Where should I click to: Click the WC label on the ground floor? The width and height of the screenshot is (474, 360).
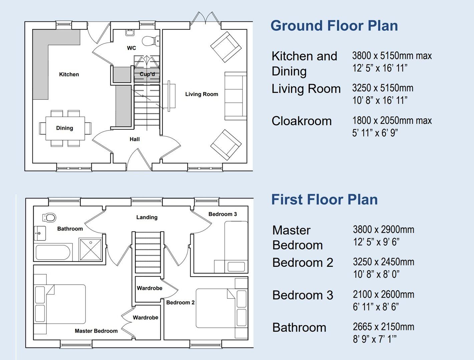[x=132, y=48]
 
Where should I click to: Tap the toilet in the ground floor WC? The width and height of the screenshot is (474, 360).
[x=150, y=41]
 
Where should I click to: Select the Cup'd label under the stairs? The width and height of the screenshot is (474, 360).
[x=147, y=74]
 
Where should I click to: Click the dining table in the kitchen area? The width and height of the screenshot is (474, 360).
[x=65, y=128]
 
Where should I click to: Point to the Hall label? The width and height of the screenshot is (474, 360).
[x=135, y=139]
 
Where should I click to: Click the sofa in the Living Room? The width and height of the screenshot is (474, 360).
[x=236, y=96]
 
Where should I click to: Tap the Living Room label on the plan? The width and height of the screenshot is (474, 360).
[x=202, y=94]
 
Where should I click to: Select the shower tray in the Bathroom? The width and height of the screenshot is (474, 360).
[x=90, y=249]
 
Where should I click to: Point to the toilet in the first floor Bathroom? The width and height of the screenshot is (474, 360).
[x=49, y=218]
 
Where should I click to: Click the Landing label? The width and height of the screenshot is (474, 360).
[x=147, y=217]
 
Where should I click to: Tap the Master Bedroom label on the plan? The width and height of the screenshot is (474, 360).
[x=96, y=331]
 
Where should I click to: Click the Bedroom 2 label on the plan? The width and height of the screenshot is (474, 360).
[x=180, y=302]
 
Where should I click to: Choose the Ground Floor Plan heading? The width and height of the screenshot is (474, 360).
[x=334, y=26]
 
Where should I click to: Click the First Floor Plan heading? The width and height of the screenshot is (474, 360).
[x=324, y=200]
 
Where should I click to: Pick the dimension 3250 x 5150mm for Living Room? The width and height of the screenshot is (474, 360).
[x=383, y=88]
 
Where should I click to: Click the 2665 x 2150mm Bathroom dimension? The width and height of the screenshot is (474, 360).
[x=383, y=327]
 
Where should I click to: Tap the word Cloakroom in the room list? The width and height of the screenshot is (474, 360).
[x=301, y=121]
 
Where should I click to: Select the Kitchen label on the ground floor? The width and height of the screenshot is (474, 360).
[x=69, y=74]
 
